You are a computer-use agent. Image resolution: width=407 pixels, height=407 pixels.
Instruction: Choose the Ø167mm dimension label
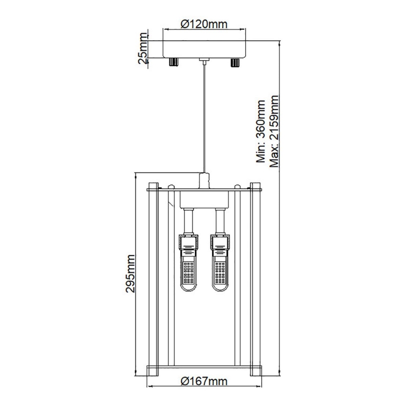(x=203, y=381)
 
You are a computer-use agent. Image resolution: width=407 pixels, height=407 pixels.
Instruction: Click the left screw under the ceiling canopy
(x=173, y=62)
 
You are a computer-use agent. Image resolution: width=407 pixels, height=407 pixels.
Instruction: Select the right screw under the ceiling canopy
(x=234, y=62)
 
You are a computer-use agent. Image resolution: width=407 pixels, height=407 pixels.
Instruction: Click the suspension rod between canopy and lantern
(x=204, y=117)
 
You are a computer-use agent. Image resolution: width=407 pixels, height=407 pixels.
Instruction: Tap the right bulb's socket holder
(x=219, y=243)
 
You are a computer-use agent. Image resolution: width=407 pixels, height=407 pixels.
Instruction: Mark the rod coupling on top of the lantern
(x=204, y=180)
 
